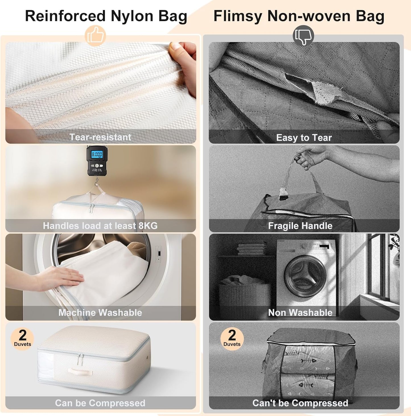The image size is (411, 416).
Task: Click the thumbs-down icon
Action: click(x=303, y=36)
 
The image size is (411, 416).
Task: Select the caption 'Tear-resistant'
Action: click(x=100, y=137)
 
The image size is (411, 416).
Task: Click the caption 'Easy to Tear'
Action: click(x=304, y=138)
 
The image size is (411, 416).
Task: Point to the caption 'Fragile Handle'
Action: click(x=300, y=226)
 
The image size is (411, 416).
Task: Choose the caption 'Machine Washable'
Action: click(x=100, y=313)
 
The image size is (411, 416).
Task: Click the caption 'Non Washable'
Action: click(x=300, y=313)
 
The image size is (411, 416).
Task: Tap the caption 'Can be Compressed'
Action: click(x=100, y=403)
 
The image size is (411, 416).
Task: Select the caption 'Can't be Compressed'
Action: click(x=300, y=403)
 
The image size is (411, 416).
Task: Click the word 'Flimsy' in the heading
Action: click(x=237, y=16)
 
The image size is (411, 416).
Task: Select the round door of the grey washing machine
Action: click(x=305, y=273)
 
